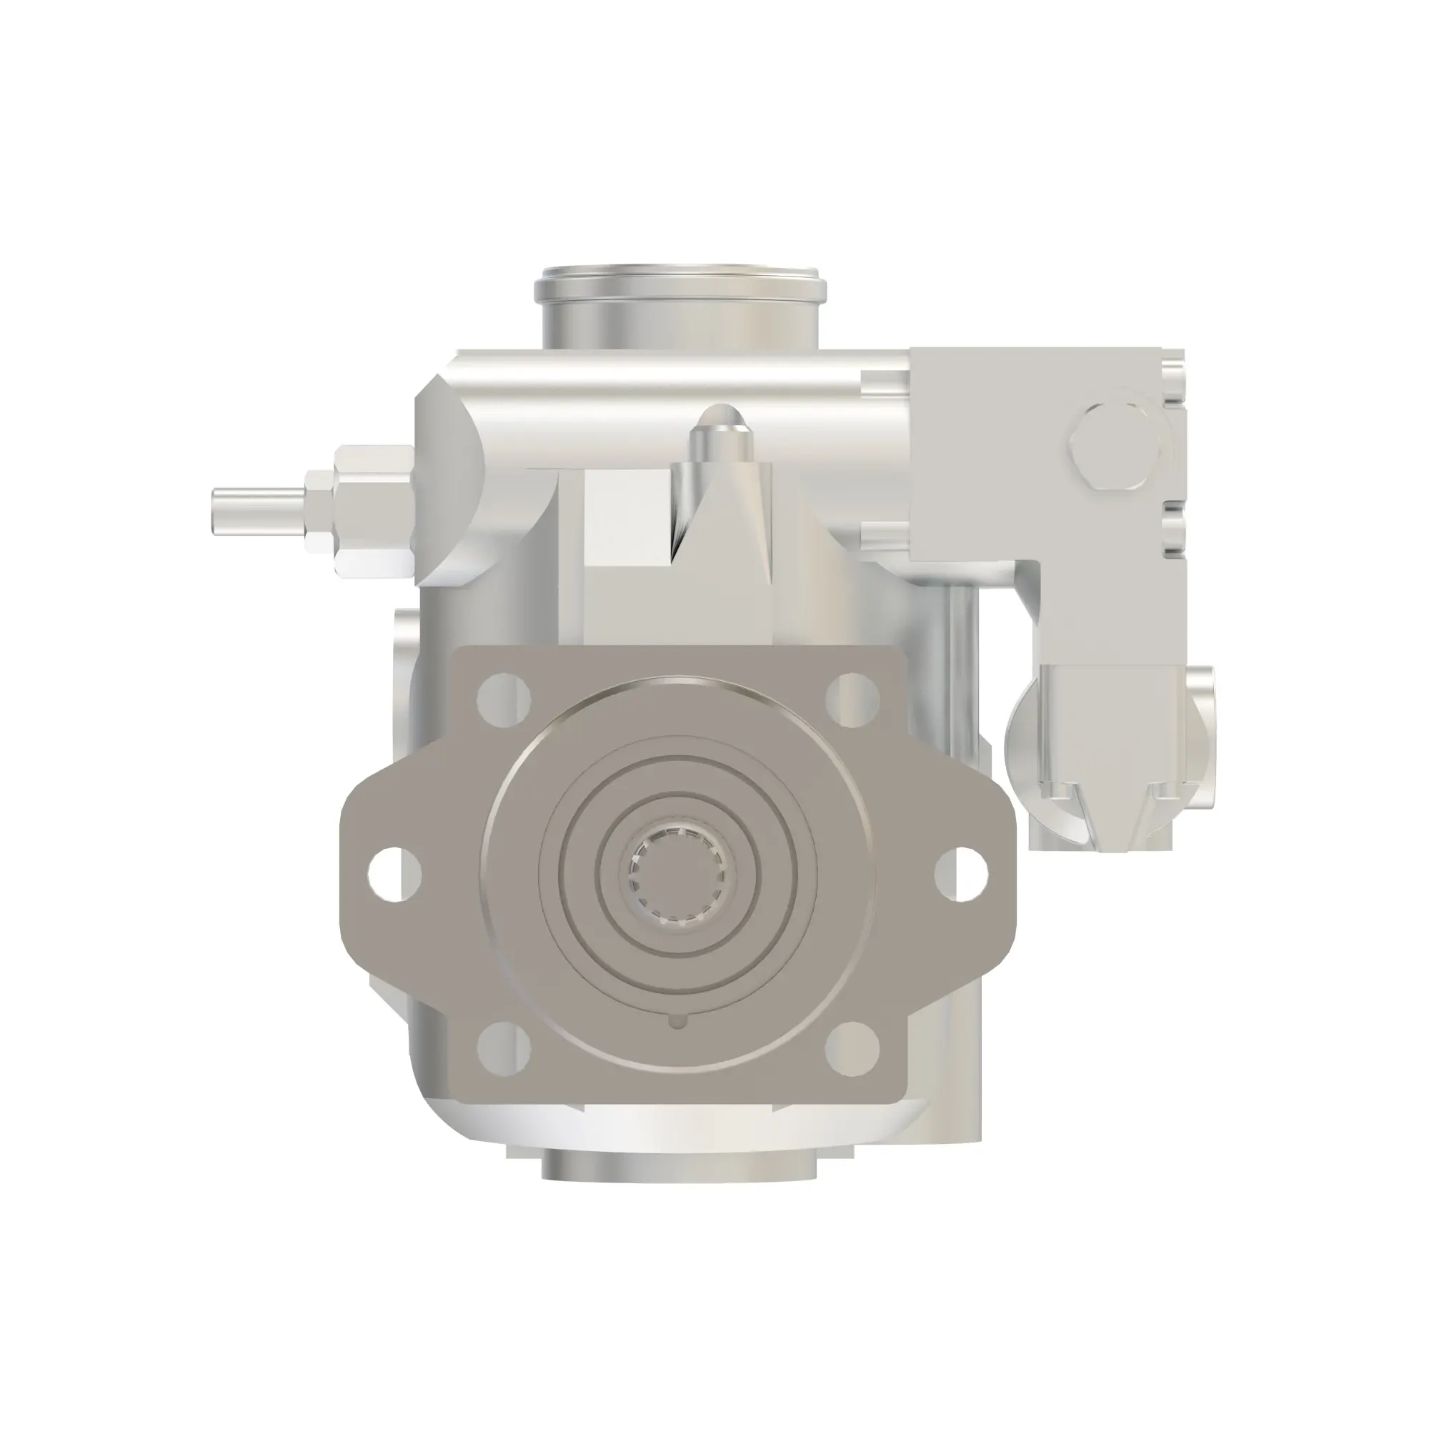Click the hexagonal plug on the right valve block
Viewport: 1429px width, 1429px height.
point(1112,447)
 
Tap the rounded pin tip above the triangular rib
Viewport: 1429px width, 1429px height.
point(721,422)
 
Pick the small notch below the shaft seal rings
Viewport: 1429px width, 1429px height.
point(677,1023)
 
